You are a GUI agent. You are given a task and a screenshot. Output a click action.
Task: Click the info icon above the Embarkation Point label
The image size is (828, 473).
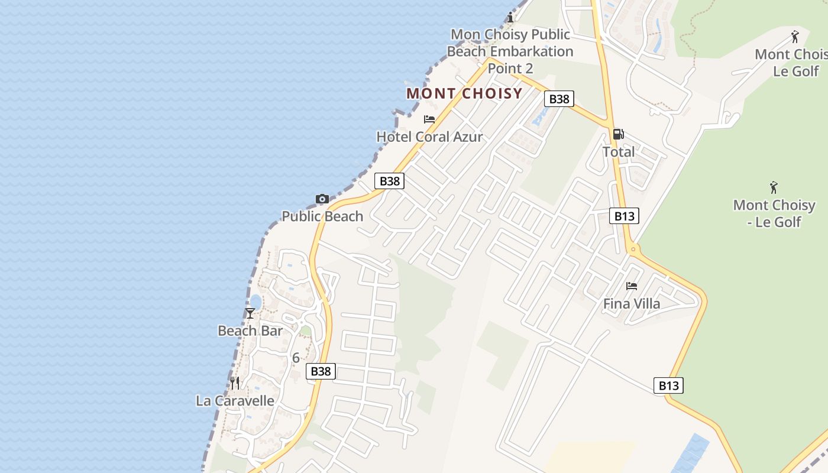coord(510,18)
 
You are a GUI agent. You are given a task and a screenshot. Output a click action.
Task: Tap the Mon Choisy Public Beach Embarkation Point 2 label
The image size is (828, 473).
coord(510,51)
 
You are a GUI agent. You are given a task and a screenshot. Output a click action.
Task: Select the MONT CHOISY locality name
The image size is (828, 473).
coord(464,93)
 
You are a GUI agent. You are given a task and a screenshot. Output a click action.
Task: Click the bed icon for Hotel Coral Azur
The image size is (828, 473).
coord(429,119)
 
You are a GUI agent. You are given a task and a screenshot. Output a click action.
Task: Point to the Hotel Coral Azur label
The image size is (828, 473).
coord(429,137)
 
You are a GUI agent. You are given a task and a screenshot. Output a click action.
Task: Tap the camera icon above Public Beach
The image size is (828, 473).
coord(322,199)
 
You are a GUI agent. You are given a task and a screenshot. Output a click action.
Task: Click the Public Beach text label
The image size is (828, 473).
coord(322,216)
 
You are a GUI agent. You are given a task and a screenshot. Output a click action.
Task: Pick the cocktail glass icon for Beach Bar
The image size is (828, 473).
coord(250,313)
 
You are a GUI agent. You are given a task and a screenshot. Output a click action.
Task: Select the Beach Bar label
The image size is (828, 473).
coord(250,331)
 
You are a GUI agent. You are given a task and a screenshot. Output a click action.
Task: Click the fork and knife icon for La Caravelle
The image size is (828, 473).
coord(235,383)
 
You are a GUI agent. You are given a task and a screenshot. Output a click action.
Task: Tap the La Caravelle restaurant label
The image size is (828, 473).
coord(235,401)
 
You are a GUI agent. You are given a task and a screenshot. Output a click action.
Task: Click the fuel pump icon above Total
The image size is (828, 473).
coord(619,134)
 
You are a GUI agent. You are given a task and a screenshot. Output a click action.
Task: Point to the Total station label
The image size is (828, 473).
coord(619,152)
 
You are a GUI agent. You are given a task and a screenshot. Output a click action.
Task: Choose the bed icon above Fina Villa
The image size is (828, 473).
coord(632,286)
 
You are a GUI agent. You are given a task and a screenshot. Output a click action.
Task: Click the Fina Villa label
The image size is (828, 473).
coord(632,304)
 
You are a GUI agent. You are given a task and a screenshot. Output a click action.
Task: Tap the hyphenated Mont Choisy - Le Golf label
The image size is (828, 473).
coord(774,213)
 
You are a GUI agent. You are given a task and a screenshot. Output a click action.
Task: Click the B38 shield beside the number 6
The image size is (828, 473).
coord(321,371)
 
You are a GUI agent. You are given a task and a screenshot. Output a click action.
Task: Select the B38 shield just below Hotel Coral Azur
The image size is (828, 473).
coord(390,182)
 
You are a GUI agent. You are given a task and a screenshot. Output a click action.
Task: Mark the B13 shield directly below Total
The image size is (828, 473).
coord(624,216)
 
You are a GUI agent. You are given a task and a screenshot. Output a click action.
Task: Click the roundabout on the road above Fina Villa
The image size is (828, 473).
coord(633,249)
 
